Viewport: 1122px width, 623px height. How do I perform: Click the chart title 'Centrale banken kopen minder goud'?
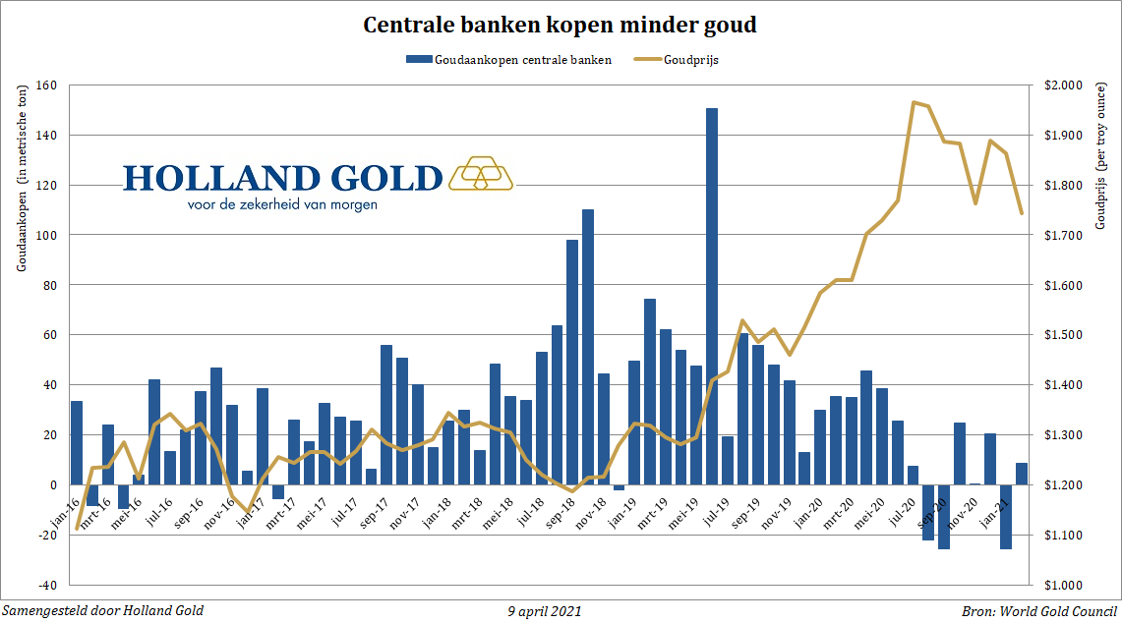(561, 26)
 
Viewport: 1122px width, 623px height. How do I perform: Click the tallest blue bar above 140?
(712, 295)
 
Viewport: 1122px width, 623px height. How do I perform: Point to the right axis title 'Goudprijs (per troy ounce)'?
(1102, 216)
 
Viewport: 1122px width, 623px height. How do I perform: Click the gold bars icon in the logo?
(481, 173)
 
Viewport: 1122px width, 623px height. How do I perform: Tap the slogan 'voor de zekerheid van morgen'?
(282, 205)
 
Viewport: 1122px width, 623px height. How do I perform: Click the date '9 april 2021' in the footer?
(545, 611)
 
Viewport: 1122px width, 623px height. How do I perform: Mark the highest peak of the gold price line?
(915, 102)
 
